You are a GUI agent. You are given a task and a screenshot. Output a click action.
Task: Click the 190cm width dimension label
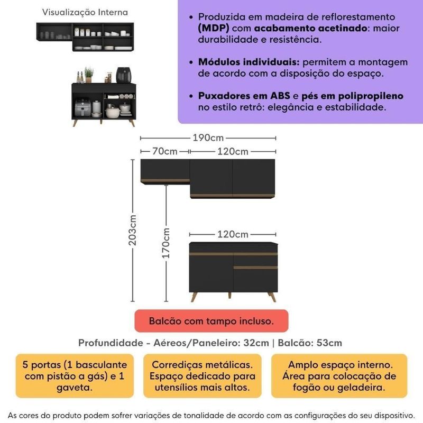tap(208, 138)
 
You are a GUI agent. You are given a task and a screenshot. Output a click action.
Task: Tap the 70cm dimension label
tap(164, 152)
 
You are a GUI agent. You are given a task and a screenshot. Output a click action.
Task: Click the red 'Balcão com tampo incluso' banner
tap(211, 321)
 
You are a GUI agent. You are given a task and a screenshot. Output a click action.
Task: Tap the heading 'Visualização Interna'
tap(84, 12)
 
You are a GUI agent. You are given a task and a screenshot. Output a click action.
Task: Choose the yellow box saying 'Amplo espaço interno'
tap(339, 376)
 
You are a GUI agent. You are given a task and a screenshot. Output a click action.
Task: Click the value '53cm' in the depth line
tap(327, 343)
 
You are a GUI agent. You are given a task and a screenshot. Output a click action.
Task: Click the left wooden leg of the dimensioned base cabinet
tap(195, 296)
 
